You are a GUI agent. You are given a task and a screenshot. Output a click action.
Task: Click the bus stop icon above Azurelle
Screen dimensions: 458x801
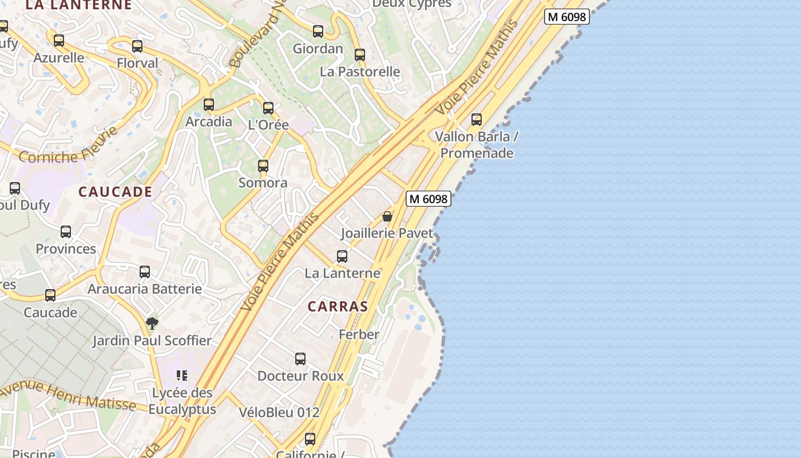click(x=59, y=41)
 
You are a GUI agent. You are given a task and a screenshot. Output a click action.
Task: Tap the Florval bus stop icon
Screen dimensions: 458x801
click(x=137, y=46)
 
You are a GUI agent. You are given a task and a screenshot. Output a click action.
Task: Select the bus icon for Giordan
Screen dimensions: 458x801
click(x=318, y=31)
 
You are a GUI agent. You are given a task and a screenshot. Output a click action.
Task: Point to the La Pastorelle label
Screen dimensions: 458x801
click(x=360, y=72)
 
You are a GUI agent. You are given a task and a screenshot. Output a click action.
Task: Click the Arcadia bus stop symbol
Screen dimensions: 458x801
click(x=209, y=105)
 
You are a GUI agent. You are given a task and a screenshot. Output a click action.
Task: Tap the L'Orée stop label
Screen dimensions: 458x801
click(x=268, y=125)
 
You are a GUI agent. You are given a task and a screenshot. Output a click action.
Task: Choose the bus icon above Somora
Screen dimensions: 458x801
click(x=263, y=166)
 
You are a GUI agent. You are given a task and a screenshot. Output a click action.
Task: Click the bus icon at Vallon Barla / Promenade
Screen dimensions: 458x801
click(x=477, y=120)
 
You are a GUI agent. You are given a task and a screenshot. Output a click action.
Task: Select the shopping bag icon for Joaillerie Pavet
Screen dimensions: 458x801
click(x=387, y=216)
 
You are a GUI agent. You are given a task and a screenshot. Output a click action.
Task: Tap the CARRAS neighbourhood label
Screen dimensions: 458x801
click(x=338, y=306)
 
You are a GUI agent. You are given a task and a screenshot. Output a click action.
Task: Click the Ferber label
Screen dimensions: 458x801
click(x=359, y=334)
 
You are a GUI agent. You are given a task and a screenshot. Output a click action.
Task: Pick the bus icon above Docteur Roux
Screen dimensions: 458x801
click(x=300, y=359)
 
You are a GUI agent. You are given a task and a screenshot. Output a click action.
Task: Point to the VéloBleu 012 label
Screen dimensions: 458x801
click(x=279, y=412)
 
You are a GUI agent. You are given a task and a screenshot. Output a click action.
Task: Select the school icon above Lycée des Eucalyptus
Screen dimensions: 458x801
click(x=182, y=376)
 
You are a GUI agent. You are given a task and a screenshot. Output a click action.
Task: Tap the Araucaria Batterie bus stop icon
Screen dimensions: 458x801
click(x=145, y=272)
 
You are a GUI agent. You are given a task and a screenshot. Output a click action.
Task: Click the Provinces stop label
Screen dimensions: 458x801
click(x=66, y=249)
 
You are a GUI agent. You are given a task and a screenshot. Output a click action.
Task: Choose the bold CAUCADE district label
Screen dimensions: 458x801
click(x=116, y=192)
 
